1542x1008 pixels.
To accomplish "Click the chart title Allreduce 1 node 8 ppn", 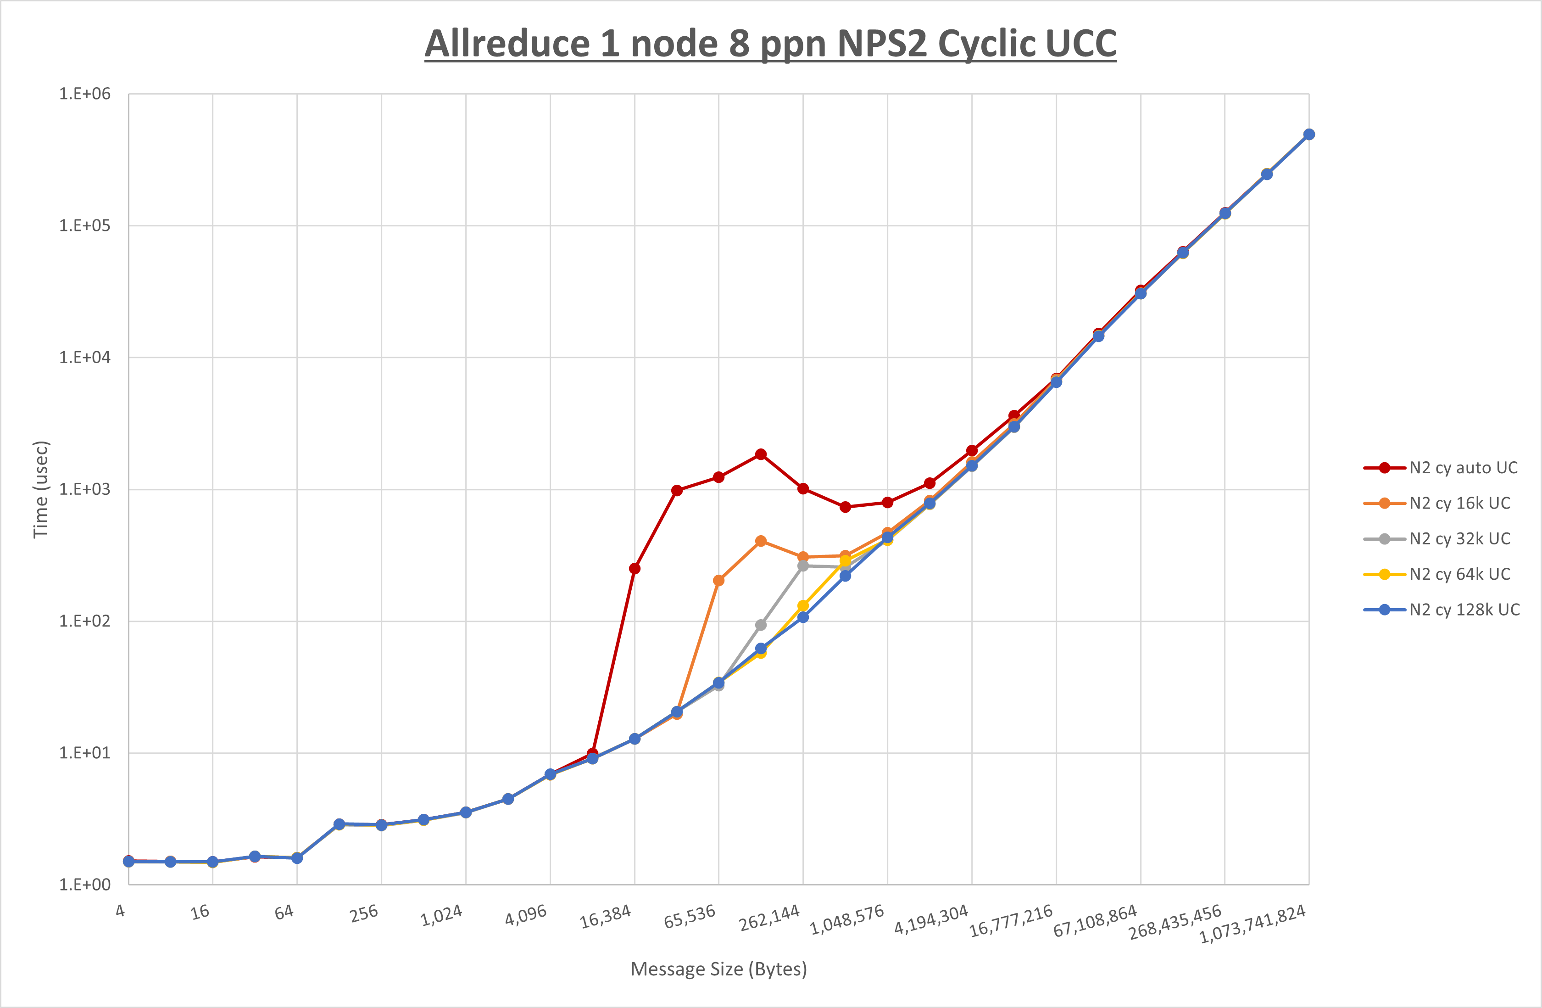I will pos(770,44).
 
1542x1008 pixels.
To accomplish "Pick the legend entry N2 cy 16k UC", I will pos(1459,504).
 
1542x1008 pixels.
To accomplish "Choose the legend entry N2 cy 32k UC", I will pos(1459,539).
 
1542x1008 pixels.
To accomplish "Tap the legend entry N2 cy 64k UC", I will pos(1459,574).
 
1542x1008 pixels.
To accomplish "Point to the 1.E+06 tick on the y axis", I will pos(85,94).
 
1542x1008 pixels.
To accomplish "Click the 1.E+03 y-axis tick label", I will pos(85,489).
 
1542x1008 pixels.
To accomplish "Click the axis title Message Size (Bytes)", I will pos(718,969).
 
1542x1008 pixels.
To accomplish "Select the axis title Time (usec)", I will pos(41,489).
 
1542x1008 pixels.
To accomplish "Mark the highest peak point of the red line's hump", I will pos(761,454).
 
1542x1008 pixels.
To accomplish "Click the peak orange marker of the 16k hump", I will pos(761,541).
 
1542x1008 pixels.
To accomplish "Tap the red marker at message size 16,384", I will pos(635,569).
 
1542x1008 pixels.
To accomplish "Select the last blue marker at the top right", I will pos(1309,134).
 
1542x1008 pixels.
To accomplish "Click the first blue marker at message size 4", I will pos(128,862).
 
